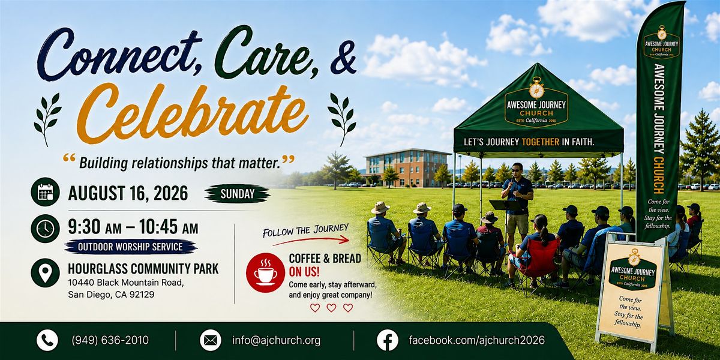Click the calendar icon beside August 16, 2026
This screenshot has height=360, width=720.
click(x=46, y=192)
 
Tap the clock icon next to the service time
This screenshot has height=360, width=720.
click(x=46, y=229)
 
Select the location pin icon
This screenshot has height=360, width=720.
click(x=46, y=273)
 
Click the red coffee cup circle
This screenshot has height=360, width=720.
click(x=265, y=272)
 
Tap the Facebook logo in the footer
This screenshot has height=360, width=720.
click(x=388, y=340)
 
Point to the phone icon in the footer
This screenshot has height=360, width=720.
click(x=47, y=340)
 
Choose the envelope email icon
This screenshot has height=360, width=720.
click(x=211, y=340)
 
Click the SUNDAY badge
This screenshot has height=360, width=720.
click(x=238, y=194)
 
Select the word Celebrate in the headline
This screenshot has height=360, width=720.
click(x=193, y=113)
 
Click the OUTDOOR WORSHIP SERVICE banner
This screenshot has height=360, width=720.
click(x=131, y=247)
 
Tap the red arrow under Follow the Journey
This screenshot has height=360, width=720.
click(x=311, y=241)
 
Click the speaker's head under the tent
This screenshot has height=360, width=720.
click(x=517, y=169)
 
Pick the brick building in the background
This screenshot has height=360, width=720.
click(x=407, y=167)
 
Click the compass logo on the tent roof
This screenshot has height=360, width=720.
click(x=537, y=88)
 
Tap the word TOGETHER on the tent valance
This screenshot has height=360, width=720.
click(x=541, y=142)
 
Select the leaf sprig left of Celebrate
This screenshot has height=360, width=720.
click(x=47, y=119)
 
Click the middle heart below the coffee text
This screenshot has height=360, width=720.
click(x=331, y=308)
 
